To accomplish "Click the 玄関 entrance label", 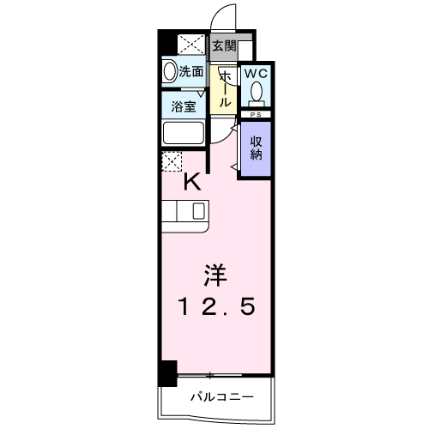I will point(223,46).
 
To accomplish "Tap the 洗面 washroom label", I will point(191,72).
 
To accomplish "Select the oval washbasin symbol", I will point(170,72).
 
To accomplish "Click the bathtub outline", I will point(182,134).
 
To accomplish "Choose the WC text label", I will point(256,75).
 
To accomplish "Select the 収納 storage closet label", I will point(256,148).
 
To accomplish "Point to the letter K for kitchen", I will point(194,181).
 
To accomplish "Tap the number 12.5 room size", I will point(214,305).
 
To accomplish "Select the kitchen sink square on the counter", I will point(198,212).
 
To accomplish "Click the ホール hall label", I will point(225,88).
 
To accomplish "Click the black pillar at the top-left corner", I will point(166,44).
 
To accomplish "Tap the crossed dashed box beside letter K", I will point(172,160).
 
